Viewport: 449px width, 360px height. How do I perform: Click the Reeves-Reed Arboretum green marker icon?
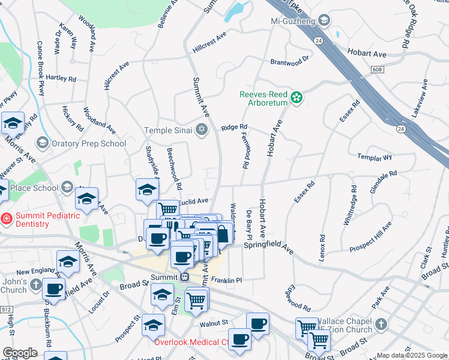(x=296, y=97)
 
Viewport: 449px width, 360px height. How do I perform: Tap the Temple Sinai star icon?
(x=202, y=130)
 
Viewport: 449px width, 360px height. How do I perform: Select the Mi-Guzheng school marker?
(x=324, y=21)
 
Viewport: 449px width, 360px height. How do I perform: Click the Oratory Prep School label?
(x=89, y=143)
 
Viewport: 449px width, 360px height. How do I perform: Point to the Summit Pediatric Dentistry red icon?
(x=6, y=219)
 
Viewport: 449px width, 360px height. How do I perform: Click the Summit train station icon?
(x=185, y=277)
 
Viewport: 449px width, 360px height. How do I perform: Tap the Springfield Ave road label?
(x=268, y=245)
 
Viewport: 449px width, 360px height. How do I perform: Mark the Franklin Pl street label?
(x=226, y=280)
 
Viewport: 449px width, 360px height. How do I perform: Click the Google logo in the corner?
(x=20, y=352)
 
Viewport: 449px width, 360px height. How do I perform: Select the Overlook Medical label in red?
(x=190, y=343)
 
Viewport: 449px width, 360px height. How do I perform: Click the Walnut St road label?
(x=214, y=322)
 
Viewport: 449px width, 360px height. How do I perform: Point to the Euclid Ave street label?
(x=193, y=201)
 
